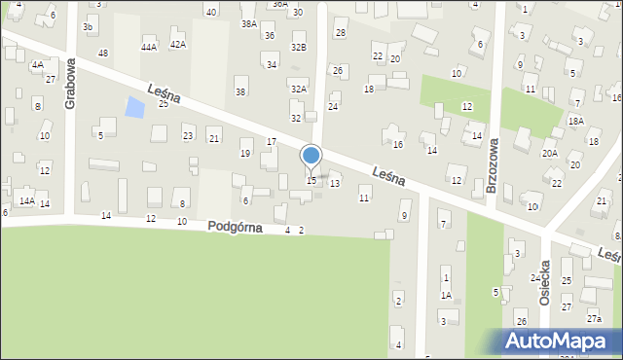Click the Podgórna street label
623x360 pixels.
235,227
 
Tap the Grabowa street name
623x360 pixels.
71,84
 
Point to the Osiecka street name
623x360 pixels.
545,283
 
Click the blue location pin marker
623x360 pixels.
311,156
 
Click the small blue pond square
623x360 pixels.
135,107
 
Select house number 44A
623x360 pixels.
149,47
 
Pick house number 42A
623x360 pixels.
177,45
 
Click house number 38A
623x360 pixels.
249,23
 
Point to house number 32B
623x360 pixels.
299,47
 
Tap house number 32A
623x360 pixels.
299,89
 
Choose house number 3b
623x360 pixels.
88,27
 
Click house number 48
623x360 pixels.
103,53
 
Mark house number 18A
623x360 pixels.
576,120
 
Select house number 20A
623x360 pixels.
550,153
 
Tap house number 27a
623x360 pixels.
594,319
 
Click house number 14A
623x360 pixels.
27,201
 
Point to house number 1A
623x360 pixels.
446,295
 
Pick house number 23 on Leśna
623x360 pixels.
188,136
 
